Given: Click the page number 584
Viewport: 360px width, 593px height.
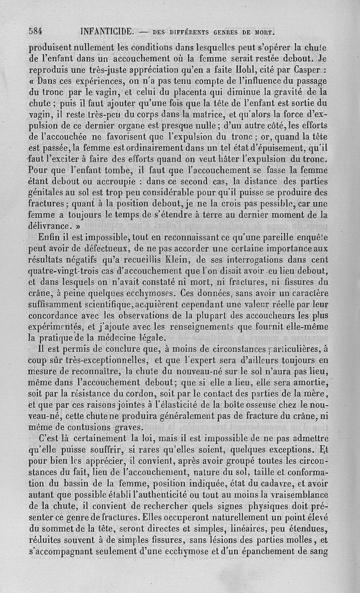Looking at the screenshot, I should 36,31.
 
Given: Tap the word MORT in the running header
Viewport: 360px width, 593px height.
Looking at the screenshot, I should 264,32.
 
